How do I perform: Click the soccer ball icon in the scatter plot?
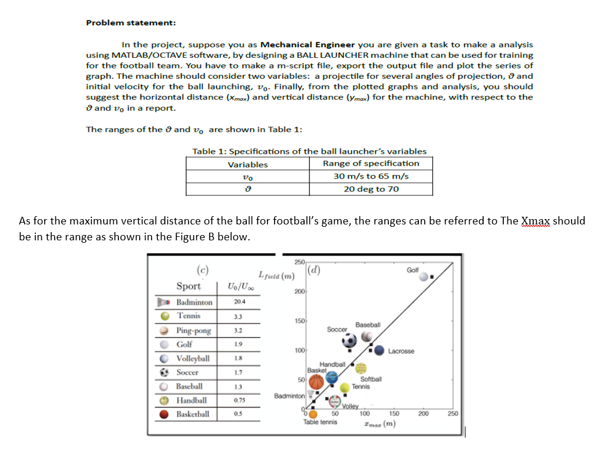point(349,342)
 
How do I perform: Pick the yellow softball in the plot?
point(361,367)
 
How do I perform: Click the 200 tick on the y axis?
point(299,293)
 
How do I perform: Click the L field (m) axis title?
point(276,275)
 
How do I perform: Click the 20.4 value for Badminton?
point(239,302)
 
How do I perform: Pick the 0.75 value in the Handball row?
point(239,401)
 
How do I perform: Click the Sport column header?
point(189,286)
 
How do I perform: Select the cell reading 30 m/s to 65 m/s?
point(371,176)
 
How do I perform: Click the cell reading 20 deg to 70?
point(371,189)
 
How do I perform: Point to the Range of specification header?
point(371,163)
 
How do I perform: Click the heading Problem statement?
point(131,22)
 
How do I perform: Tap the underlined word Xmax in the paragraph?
point(536,221)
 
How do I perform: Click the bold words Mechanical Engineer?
point(308,44)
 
